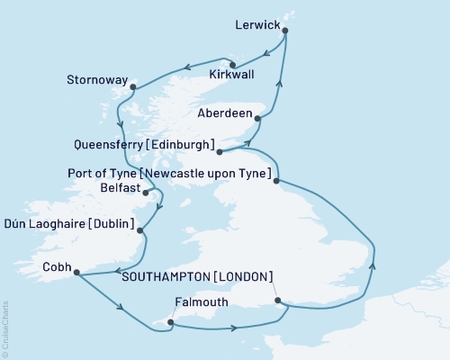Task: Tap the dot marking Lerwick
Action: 285,31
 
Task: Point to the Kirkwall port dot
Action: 232,64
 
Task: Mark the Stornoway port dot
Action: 132,87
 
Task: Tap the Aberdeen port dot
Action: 258,118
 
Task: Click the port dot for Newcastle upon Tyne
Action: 278,181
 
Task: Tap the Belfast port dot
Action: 146,192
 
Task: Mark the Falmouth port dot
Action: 170,320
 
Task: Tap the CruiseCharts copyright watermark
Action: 6,329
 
